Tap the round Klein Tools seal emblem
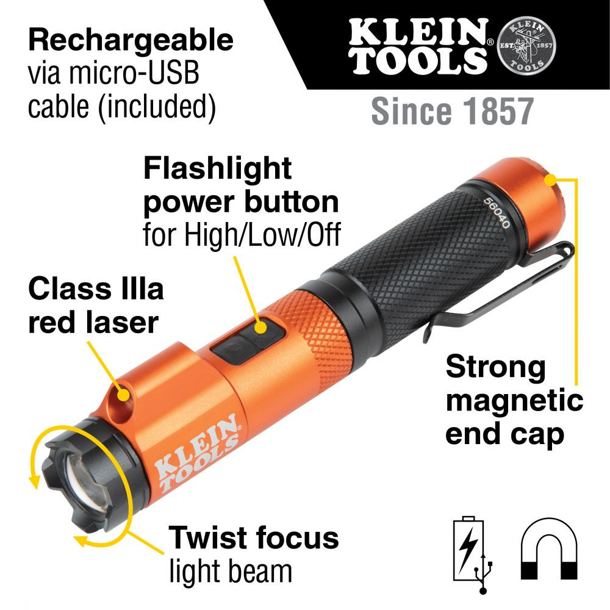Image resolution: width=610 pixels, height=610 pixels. [528, 46]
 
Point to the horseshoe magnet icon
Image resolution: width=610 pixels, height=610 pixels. [549, 549]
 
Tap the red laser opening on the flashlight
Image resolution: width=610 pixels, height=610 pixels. [124, 395]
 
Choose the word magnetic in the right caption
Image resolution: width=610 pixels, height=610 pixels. [514, 401]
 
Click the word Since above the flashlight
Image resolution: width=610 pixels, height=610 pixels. [409, 112]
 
